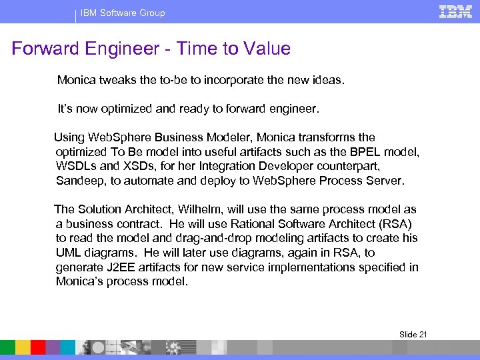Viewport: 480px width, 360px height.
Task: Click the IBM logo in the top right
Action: [455, 11]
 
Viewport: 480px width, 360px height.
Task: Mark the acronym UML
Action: [69, 253]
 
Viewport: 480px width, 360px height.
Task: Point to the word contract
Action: [129, 224]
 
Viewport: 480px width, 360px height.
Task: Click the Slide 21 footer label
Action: [413, 334]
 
